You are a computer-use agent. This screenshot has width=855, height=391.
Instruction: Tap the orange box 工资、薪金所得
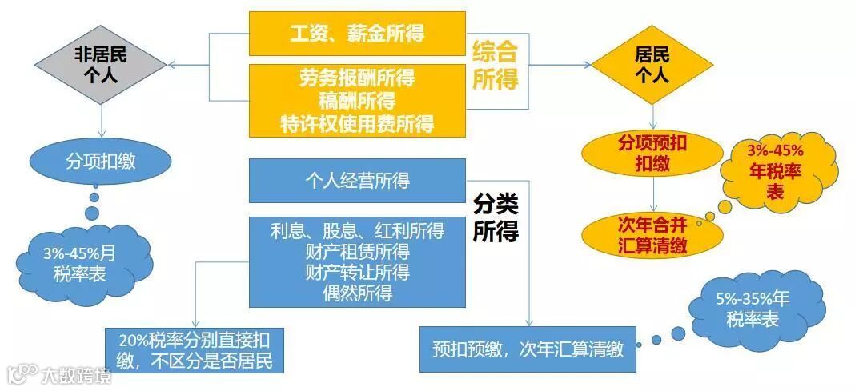[x=357, y=34]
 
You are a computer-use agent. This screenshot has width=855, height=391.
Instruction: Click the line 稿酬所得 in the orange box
[x=357, y=101]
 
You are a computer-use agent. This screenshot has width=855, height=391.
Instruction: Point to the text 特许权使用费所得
[x=357, y=123]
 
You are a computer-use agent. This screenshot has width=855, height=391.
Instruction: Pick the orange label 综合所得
[x=495, y=66]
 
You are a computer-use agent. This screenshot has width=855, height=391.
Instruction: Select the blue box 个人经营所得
[x=357, y=181]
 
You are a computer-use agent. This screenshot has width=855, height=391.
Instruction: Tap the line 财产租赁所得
[x=357, y=253]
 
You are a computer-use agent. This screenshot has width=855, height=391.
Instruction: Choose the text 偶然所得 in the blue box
[x=357, y=293]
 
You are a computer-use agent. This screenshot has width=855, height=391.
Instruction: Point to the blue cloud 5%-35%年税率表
[x=752, y=308]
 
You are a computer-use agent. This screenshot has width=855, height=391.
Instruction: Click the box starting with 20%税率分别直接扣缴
[x=195, y=349]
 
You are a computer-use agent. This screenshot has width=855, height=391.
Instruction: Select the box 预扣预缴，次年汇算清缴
[x=527, y=349]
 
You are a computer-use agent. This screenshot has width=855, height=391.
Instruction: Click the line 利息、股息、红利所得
[x=357, y=232]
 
